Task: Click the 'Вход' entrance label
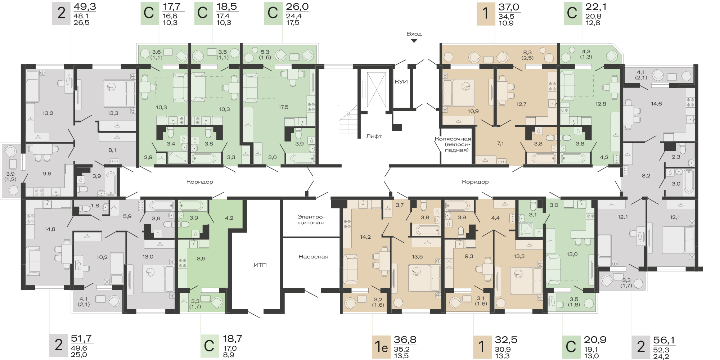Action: tap(414, 34)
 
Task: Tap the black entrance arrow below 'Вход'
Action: tap(414, 41)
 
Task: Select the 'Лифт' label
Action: tap(374, 136)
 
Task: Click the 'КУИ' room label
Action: tap(401, 82)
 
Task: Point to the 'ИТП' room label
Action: tap(260, 265)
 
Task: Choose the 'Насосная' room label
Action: tap(313, 257)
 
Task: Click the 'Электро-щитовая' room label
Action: tap(311, 220)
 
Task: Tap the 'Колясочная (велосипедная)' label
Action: tap(453, 144)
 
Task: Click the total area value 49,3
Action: tap(85, 7)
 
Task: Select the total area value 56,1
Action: tap(664, 340)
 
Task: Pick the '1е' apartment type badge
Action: tap(381, 347)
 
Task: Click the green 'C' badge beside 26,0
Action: tap(273, 14)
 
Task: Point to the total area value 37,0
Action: tap(509, 7)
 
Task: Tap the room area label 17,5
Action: tap(283, 107)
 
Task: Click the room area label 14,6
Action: tap(656, 104)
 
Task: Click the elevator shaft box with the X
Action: tap(376, 90)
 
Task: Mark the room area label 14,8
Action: tap(50, 229)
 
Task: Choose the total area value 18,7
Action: tap(233, 339)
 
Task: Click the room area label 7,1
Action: tap(500, 143)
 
